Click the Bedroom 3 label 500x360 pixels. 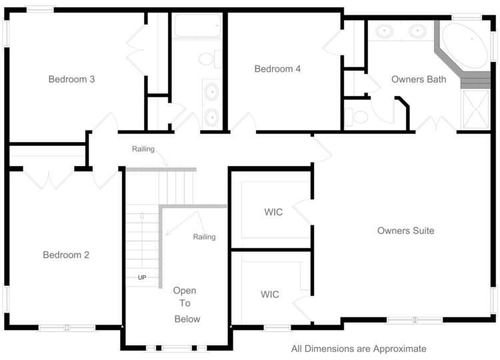[x=71, y=79]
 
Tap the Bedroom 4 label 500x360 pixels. [x=273, y=69]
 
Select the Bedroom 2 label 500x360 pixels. [x=66, y=255]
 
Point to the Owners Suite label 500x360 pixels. [x=405, y=231]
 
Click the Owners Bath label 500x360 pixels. [x=418, y=79]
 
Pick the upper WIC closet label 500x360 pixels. [x=273, y=212]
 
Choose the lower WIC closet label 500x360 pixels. [x=269, y=294]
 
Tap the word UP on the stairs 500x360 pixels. [x=142, y=277]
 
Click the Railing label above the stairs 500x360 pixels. [x=143, y=149]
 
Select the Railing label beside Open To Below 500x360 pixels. [x=204, y=237]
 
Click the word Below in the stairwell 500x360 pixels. [x=187, y=319]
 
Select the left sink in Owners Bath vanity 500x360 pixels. [x=385, y=31]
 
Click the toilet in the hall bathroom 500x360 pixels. [x=207, y=60]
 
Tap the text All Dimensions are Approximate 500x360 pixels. [x=359, y=349]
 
